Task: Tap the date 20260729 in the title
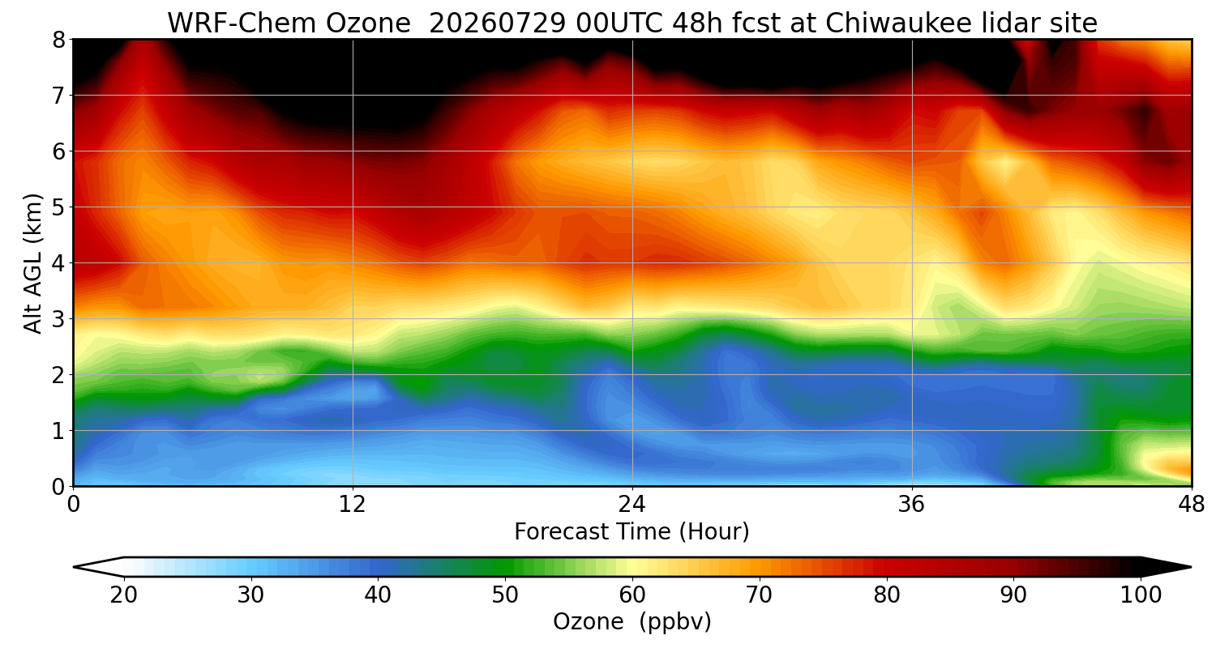point(498,23)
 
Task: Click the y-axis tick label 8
point(58,40)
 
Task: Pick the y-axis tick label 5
point(58,207)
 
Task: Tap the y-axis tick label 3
point(58,319)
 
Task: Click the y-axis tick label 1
point(58,431)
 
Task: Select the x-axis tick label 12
point(353,505)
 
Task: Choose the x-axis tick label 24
point(632,505)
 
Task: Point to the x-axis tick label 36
point(911,505)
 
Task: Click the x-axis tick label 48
point(1192,505)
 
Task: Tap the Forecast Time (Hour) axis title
point(632,532)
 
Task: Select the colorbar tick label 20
point(123,595)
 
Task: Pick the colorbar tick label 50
point(505,595)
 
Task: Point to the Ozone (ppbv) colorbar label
point(632,622)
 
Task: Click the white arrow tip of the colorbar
point(75,567)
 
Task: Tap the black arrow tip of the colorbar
point(1190,567)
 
